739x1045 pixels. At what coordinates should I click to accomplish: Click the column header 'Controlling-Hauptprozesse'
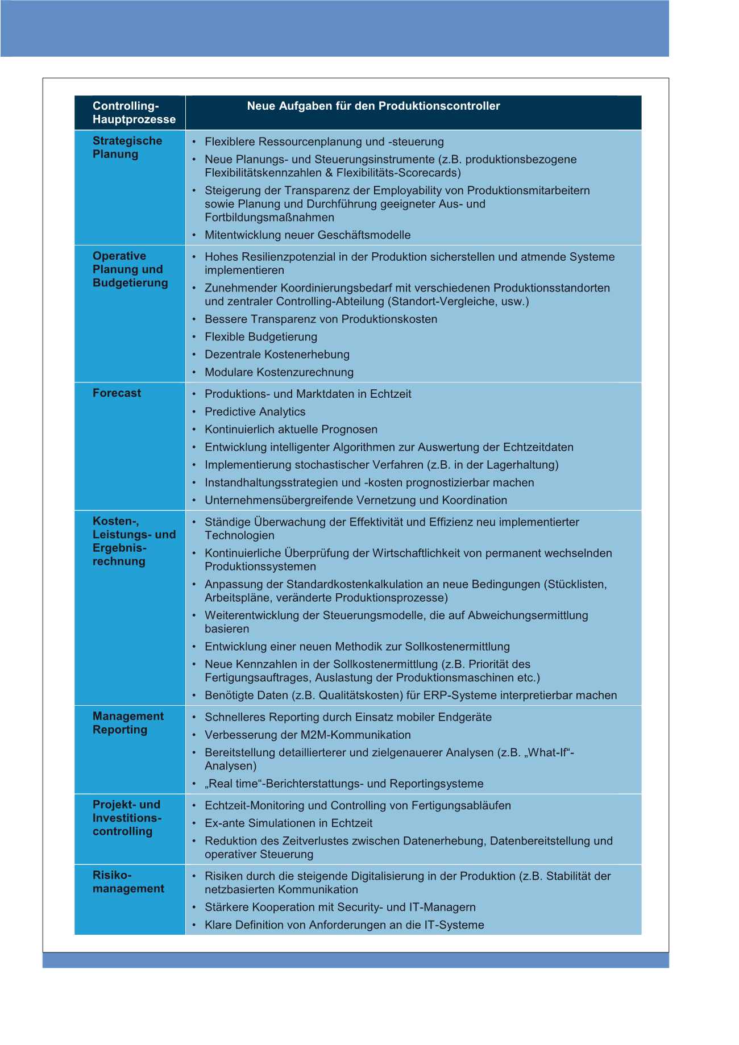pos(134,113)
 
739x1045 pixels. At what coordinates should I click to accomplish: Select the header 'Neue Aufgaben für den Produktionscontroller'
pos(373,106)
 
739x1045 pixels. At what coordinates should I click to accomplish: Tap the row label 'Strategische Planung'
pos(127,148)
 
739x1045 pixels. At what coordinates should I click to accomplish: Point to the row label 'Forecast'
pos(117,393)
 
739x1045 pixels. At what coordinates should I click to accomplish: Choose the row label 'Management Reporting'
pos(128,723)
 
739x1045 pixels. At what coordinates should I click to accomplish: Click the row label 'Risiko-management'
pos(128,882)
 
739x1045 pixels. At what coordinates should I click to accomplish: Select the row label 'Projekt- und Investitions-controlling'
pos(127,818)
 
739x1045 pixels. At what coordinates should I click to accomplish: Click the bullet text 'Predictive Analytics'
pos(255,412)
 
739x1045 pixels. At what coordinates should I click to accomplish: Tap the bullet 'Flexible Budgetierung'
pos(261,337)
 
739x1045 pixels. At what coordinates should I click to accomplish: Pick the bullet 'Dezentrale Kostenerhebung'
pos(277,355)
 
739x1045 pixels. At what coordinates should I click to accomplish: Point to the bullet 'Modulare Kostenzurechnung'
pos(279,373)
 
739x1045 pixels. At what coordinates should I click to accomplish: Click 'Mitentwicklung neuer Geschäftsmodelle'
pos(308,235)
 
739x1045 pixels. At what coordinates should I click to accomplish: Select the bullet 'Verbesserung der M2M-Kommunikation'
pos(308,735)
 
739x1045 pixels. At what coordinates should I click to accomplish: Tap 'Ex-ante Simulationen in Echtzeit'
pos(289,823)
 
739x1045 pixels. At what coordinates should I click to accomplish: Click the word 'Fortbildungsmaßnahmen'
pos(269,218)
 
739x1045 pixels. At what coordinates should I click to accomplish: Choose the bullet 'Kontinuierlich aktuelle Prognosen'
pos(291,430)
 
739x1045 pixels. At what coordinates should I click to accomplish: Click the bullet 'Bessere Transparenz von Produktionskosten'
pos(321,319)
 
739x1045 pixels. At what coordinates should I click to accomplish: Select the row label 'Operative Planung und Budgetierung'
pos(130,269)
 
